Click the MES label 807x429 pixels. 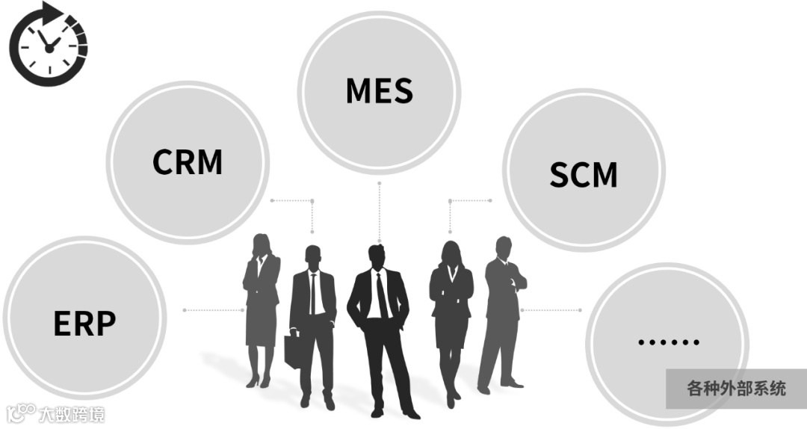(x=379, y=90)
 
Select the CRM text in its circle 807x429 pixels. (x=188, y=161)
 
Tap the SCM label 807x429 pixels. (x=583, y=174)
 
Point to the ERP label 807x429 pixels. (x=84, y=323)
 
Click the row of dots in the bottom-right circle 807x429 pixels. (x=668, y=342)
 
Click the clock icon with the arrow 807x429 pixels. (x=48, y=43)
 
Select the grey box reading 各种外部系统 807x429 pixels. (x=736, y=389)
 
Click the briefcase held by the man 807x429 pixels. (x=294, y=351)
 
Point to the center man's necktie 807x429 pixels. (x=381, y=296)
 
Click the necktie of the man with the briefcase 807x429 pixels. (x=313, y=291)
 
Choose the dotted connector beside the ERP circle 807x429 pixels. (x=209, y=309)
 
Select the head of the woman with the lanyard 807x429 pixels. (x=451, y=250)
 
